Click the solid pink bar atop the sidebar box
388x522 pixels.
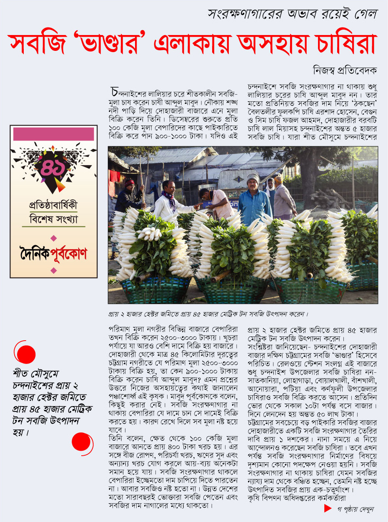(53, 134)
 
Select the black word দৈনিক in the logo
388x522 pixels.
(35, 253)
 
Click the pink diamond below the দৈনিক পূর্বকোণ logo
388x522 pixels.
(53, 271)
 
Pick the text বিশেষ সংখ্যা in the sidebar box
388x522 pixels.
(53, 219)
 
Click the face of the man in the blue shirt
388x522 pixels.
(253, 184)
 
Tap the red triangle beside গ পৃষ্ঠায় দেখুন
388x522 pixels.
(328, 508)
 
